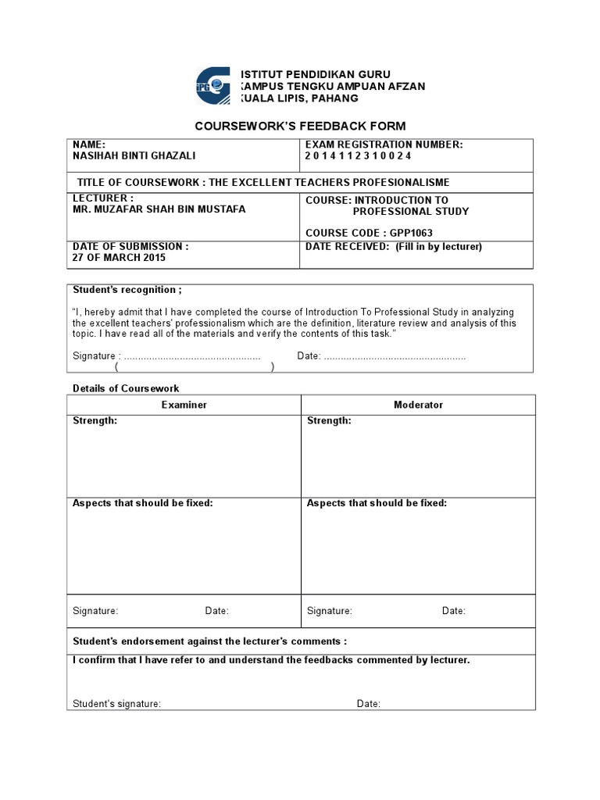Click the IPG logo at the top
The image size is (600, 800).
(x=212, y=85)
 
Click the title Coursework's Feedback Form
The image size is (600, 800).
(x=300, y=127)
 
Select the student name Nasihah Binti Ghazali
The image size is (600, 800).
(x=134, y=155)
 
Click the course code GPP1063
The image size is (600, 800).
(x=369, y=233)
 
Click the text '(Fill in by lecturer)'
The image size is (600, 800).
(x=438, y=247)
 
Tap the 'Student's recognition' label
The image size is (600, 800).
(x=127, y=290)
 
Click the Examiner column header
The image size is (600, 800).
(x=184, y=405)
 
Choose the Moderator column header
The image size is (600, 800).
(x=418, y=405)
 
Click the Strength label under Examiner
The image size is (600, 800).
(x=95, y=420)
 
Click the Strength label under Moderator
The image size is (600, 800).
(x=329, y=420)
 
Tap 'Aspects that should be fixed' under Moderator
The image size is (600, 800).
(x=377, y=503)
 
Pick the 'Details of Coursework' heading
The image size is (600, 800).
(x=126, y=388)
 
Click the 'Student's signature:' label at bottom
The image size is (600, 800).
(x=117, y=704)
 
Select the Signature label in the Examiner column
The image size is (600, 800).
(x=95, y=611)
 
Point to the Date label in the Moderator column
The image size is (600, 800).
(x=453, y=611)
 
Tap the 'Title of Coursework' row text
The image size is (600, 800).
(x=263, y=182)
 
